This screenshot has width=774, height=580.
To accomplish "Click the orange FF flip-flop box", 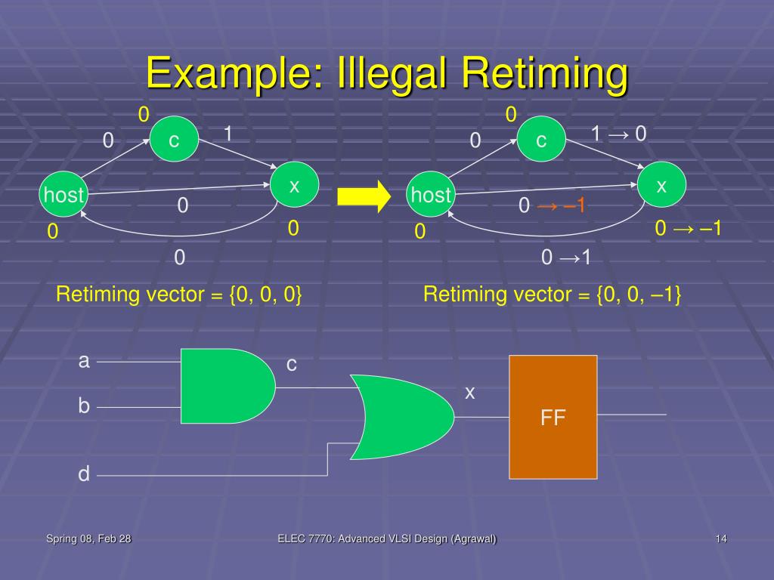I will (553, 417).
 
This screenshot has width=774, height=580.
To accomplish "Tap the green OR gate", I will (405, 417).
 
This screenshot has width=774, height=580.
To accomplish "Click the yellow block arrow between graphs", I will (363, 196).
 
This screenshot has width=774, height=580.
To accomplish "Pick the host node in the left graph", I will (63, 196).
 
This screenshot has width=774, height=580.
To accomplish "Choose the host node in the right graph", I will (431, 196).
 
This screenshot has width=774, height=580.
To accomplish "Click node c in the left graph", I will (174, 140).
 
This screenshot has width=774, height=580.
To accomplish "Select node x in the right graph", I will (661, 186).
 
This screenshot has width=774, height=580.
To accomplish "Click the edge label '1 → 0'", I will (618, 134).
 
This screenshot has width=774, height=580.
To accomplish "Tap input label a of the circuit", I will (84, 361).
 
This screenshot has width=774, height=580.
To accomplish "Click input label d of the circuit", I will (84, 474).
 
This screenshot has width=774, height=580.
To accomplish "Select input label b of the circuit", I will (84, 406).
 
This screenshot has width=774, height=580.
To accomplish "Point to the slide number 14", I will (720, 538).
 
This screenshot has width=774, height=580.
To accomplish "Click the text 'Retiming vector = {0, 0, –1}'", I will (553, 294).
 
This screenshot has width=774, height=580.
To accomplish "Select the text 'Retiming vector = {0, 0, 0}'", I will (180, 294).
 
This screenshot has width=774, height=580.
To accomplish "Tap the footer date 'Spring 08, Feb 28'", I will (89, 538).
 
